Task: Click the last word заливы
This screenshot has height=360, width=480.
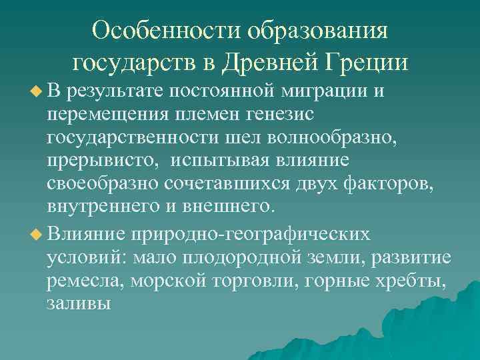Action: [79, 304]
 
